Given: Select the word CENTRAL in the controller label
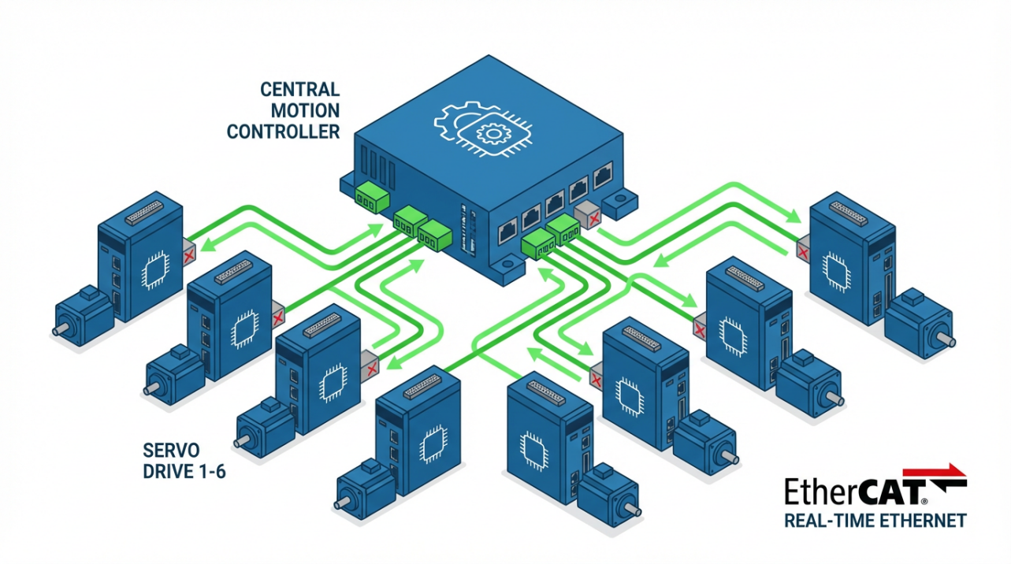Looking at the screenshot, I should coord(299,88).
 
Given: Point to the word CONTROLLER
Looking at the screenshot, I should coord(283,131).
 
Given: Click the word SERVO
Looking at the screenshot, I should coord(172,451).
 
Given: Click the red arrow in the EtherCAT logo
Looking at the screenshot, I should coord(946,470).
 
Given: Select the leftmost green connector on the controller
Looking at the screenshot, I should coord(366,197).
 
